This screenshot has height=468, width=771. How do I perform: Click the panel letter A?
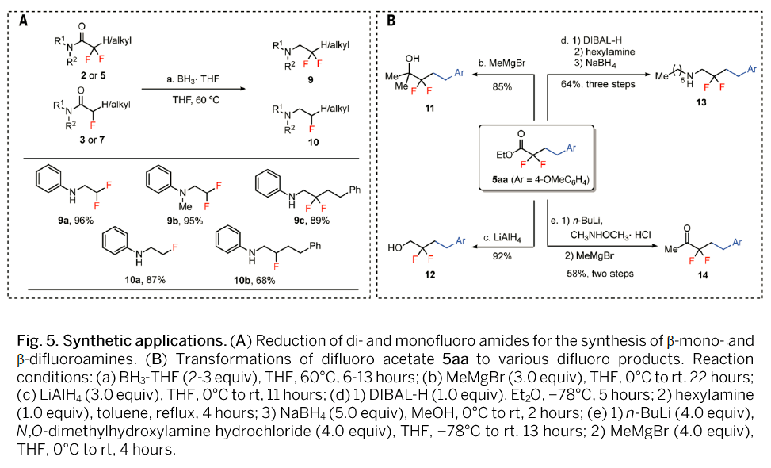pos(22,21)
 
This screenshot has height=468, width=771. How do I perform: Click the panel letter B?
pos(391,21)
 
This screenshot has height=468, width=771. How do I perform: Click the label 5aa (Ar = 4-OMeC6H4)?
pos(540,185)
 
